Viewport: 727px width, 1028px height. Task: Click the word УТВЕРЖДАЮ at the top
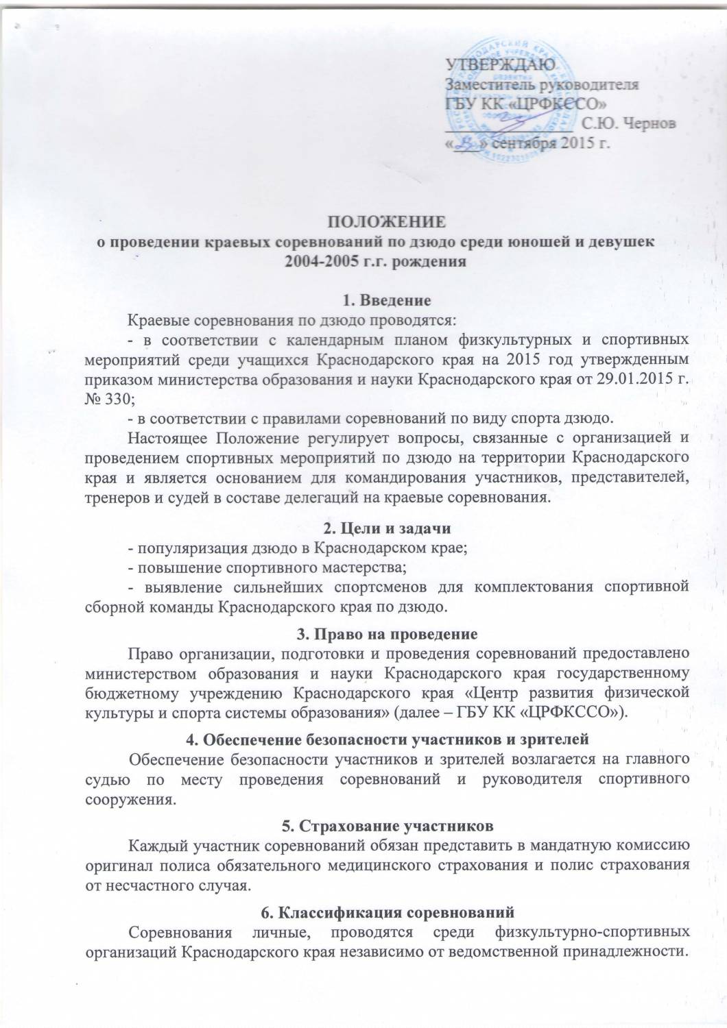click(497, 66)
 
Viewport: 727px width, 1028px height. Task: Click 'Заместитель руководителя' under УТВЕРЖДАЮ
click(543, 86)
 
